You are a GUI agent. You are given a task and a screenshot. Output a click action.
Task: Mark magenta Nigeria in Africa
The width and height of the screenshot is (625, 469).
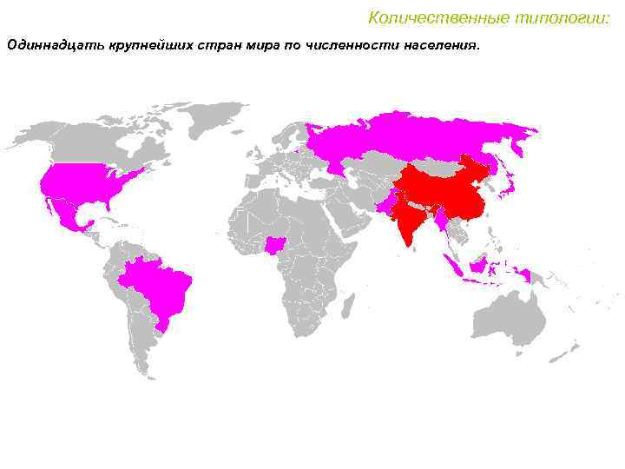pos(277,247)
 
